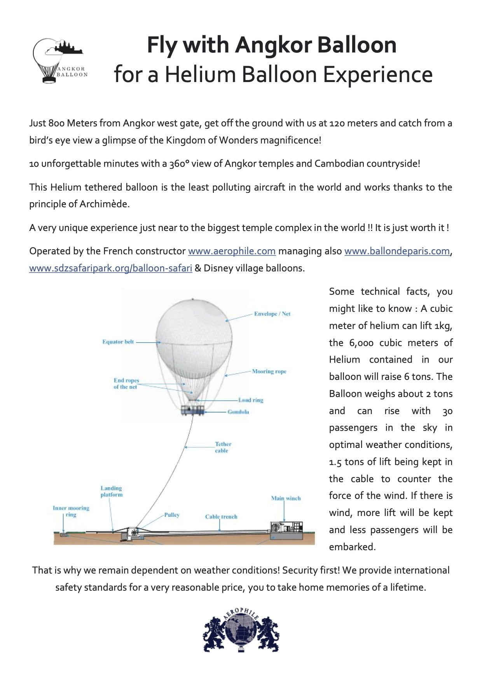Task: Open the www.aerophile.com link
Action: [232, 251]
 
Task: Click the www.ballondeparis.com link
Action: [397, 251]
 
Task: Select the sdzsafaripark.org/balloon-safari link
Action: [111, 268]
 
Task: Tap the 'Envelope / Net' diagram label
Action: [272, 314]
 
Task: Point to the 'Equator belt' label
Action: [118, 342]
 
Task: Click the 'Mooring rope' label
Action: [269, 371]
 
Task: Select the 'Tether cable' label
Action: [223, 447]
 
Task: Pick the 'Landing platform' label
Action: [112, 491]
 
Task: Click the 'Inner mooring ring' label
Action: [71, 511]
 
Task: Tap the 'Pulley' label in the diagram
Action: [172, 515]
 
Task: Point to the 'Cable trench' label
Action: [221, 517]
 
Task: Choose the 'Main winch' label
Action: [286, 498]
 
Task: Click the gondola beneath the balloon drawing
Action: [193, 410]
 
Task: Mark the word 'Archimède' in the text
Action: [104, 204]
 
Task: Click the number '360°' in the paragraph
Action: [179, 164]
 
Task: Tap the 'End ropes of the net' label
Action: [126, 383]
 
